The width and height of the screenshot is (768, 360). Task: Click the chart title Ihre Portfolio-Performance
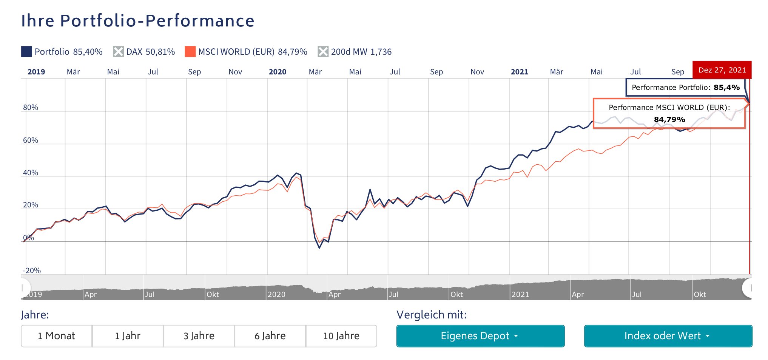138,21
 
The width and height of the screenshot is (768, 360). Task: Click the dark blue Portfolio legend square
26,52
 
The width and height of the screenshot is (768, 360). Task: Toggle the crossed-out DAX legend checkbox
118,52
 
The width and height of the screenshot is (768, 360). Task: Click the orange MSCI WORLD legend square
190,52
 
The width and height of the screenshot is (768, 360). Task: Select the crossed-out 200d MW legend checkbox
323,52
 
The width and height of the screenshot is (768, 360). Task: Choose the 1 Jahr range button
128,336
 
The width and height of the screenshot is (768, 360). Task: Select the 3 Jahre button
199,336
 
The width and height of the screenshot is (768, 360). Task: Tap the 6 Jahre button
270,336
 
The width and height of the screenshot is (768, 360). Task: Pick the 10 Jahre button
341,336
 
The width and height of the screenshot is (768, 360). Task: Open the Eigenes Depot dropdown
480,336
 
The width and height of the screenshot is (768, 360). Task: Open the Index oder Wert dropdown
668,336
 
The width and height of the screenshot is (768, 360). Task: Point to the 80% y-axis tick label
31,107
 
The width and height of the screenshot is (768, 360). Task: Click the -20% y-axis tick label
32,270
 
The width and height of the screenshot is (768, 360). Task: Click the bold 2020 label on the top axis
278,72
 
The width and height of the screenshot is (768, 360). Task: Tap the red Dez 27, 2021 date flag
722,70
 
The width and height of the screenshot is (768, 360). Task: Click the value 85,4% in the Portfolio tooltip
726,88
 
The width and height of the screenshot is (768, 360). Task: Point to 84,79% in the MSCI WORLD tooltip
669,120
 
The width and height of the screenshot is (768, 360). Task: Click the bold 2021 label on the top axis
520,72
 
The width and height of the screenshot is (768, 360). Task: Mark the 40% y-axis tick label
31,173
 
